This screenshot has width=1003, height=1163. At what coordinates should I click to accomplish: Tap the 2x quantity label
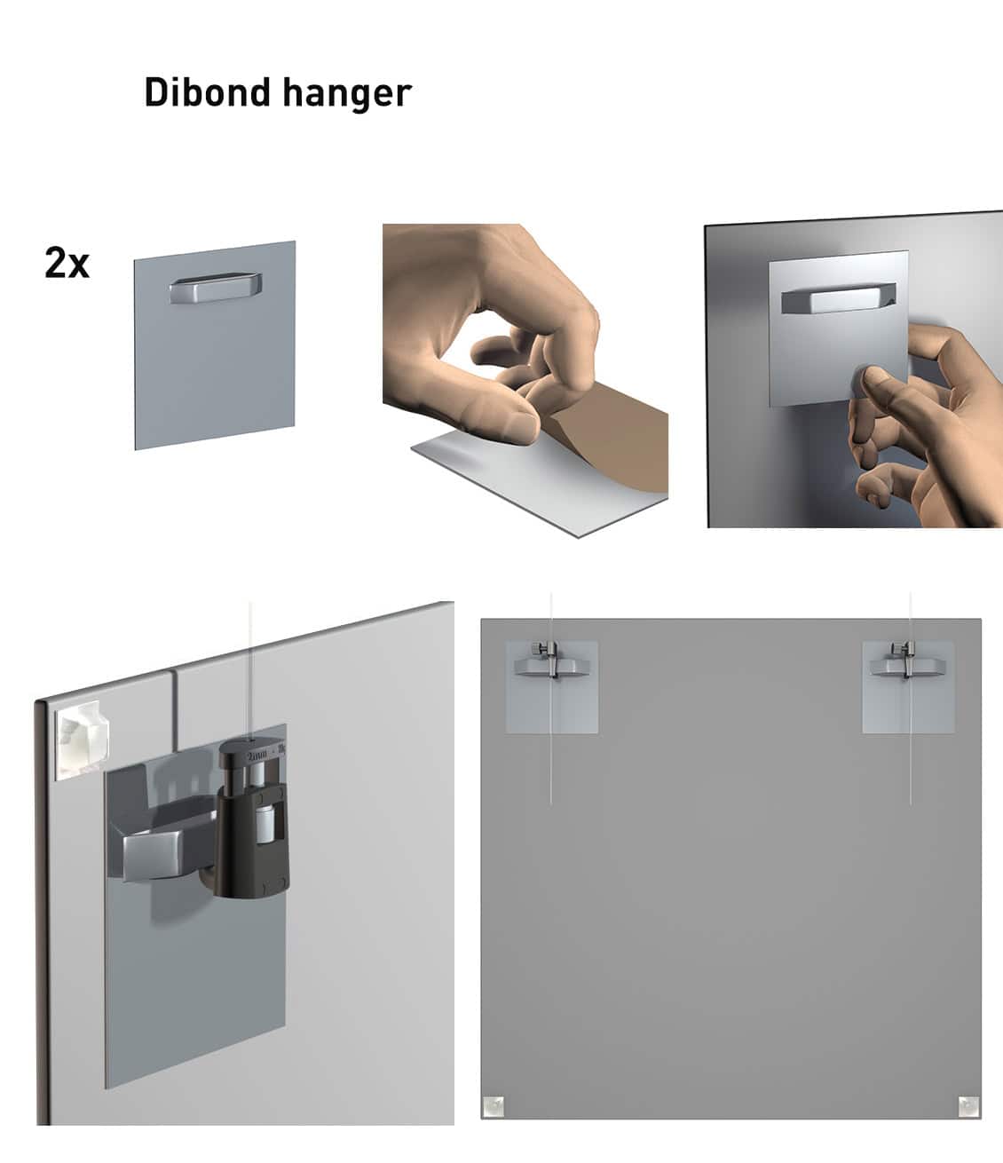click(x=67, y=263)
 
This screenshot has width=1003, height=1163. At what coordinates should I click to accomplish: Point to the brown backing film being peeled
click(x=621, y=453)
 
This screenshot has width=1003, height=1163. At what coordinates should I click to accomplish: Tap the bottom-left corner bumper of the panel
click(x=494, y=1106)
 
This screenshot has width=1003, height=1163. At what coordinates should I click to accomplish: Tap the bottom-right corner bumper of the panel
click(x=968, y=1106)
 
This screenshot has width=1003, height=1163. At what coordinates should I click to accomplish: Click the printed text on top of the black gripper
click(x=265, y=754)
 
